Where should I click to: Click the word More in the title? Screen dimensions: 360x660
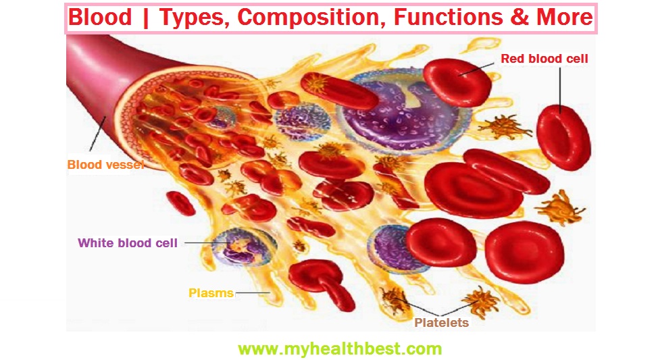coord(565,18)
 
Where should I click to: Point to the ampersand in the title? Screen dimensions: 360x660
coord(520,18)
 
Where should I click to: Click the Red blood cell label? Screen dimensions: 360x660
coord(544,59)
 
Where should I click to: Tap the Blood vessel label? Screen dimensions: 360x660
coord(105,164)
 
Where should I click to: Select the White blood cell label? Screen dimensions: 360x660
coord(128,242)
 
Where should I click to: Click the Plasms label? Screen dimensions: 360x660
coord(211,293)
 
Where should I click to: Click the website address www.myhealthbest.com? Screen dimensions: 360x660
coord(340,349)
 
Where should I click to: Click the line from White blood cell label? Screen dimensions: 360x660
coord(199,242)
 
